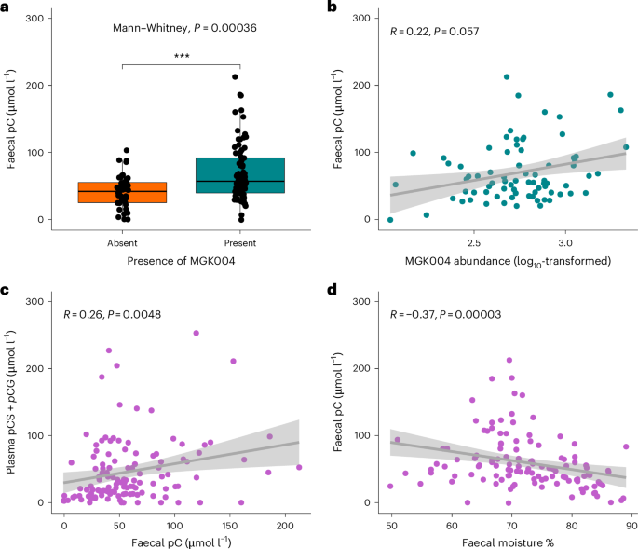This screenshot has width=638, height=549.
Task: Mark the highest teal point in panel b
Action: pyautogui.click(x=507, y=77)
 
